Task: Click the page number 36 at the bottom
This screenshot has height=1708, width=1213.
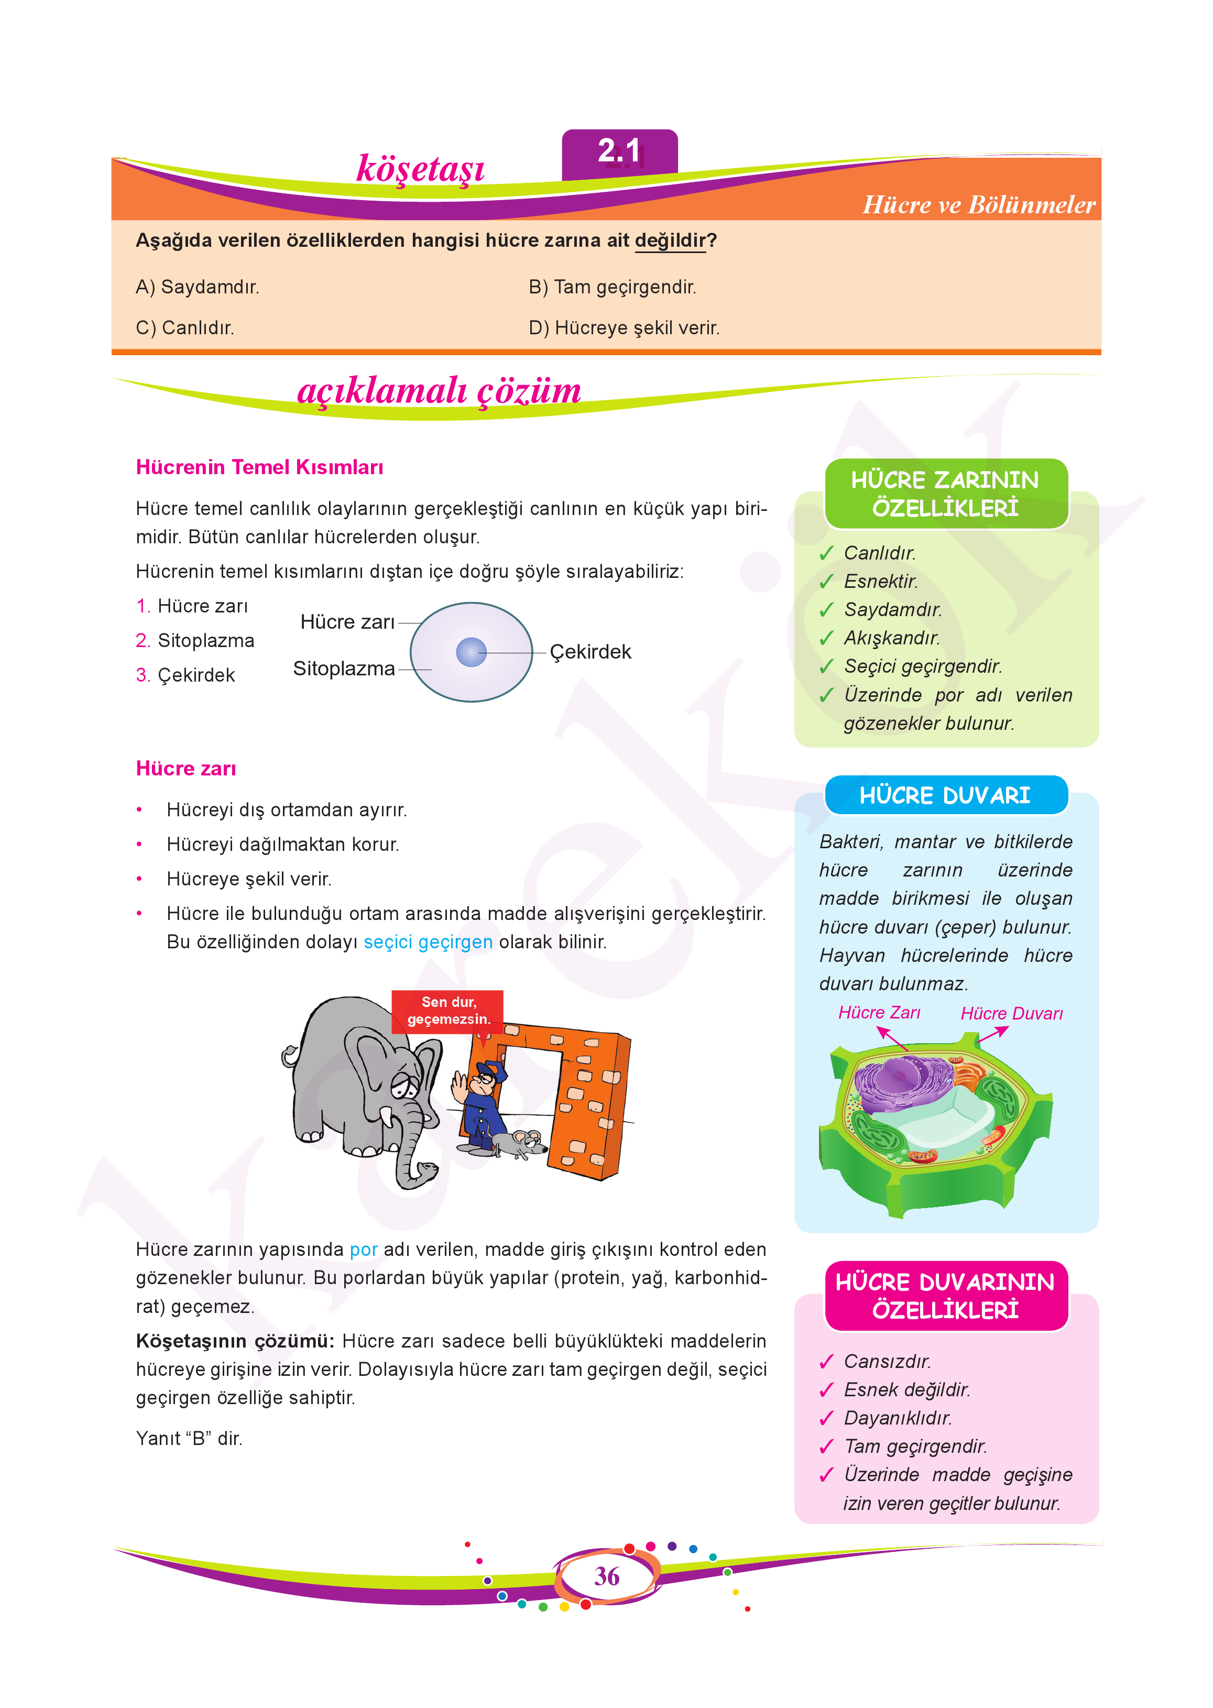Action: tap(607, 1576)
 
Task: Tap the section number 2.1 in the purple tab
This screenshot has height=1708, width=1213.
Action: tap(619, 151)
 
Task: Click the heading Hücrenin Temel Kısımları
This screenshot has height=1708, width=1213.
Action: tap(259, 467)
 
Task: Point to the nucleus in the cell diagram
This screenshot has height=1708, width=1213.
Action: tap(471, 652)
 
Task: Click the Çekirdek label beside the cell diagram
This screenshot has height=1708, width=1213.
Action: tap(590, 652)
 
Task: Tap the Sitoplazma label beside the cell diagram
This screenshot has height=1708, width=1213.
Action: tap(344, 669)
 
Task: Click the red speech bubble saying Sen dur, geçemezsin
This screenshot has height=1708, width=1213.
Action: tap(448, 1011)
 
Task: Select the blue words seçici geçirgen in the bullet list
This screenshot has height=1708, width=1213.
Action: tap(428, 943)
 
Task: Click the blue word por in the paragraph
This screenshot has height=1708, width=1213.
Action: tap(364, 1250)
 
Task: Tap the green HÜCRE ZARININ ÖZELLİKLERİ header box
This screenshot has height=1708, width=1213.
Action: tap(946, 494)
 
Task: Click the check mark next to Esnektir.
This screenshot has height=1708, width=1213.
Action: tap(826, 582)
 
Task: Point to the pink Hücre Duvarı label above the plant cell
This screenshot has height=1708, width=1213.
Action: tap(1011, 1013)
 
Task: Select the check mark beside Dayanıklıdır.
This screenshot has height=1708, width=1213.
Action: tap(826, 1419)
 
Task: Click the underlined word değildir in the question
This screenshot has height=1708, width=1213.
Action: tap(670, 240)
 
